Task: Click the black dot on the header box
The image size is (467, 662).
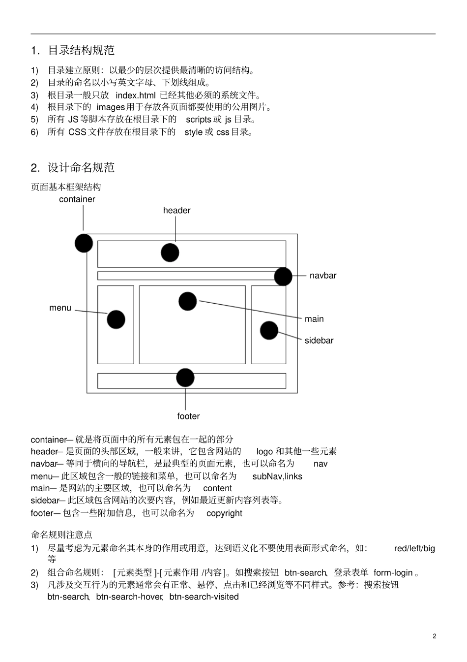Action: point(170,252)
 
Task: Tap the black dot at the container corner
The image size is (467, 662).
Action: point(84,243)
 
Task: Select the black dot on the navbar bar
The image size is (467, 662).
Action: point(283,277)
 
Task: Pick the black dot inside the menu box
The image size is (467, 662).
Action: point(116,319)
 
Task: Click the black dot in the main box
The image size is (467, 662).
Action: point(187,301)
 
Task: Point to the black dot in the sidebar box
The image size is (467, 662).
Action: point(269,330)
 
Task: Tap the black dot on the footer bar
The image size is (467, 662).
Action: point(185,378)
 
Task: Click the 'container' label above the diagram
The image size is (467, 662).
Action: point(77,199)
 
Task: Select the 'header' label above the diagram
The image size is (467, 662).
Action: point(177,211)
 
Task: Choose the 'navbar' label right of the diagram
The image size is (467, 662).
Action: point(323,276)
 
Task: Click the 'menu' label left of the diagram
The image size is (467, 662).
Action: point(60,308)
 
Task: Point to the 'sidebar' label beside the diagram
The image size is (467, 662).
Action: point(319,341)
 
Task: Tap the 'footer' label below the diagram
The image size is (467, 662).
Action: point(188,416)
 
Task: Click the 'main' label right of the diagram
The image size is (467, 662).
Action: point(314,319)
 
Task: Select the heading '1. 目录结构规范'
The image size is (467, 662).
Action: point(73,50)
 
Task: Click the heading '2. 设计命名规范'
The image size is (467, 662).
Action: point(73,168)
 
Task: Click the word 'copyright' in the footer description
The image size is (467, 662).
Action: point(224,513)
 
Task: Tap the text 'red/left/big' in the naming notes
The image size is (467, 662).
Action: point(414,548)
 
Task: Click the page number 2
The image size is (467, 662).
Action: point(435,636)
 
